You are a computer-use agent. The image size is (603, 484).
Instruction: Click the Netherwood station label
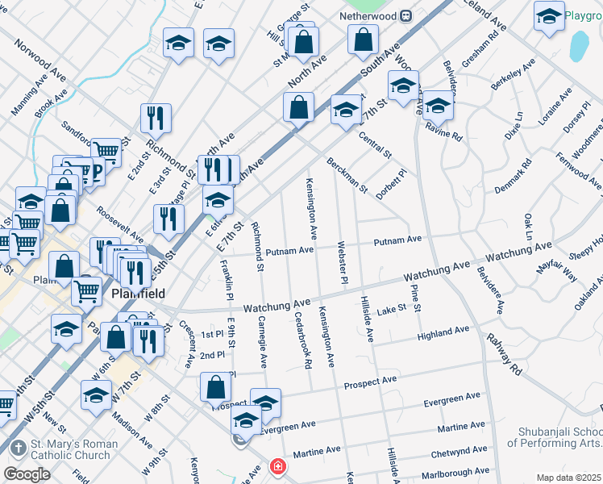pyautogui.click(x=364, y=15)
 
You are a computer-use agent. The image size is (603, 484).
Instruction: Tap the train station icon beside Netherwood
pyautogui.click(x=407, y=15)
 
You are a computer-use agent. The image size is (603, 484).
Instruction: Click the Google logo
pyautogui.click(x=27, y=474)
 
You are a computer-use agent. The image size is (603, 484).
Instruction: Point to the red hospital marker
pyautogui.click(x=277, y=467)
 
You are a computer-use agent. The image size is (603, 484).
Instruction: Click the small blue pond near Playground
pyautogui.click(x=579, y=47)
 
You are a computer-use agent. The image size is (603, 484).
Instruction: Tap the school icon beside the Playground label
pyautogui.click(x=548, y=16)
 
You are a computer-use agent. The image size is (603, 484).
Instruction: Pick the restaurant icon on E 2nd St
pyautogui.click(x=156, y=118)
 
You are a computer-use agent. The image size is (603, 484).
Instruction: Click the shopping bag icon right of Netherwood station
pyautogui.click(x=364, y=38)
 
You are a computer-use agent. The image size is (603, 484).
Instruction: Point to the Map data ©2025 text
pyautogui.click(x=568, y=478)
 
